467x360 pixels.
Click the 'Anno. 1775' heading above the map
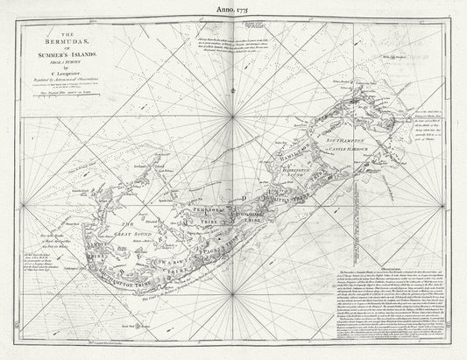[234, 11]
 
